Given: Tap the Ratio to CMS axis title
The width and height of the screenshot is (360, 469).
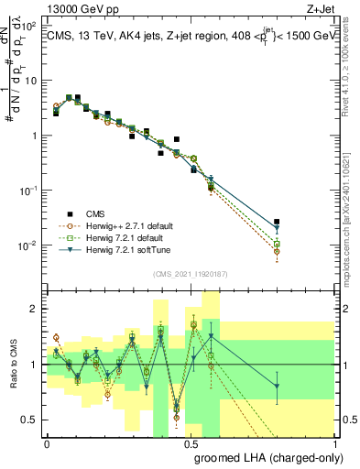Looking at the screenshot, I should point(13,365).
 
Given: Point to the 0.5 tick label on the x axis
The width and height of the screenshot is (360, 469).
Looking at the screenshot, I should point(191,442).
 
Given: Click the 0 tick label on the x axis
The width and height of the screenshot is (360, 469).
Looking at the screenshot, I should point(48,442).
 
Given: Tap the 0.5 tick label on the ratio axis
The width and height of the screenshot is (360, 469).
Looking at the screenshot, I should point(28,420).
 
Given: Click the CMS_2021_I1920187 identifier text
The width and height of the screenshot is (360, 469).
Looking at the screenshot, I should point(190,274).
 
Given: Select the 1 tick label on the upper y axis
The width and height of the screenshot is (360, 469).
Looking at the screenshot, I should point(33,136).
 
